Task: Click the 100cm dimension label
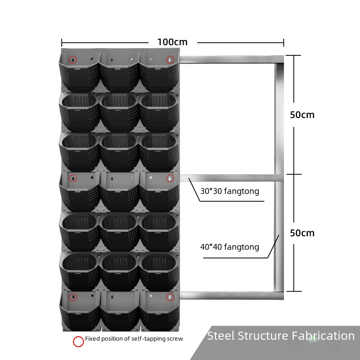172,42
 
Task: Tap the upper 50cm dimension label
302,115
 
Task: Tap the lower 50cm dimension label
302,233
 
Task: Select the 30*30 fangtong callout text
229,191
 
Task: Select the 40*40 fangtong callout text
229,247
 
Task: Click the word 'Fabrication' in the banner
323,336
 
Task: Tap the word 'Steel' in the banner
221,336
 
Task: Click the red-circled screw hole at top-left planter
73,60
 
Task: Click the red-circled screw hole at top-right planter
170,60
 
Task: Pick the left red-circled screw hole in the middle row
73,178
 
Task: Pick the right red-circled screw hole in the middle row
170,178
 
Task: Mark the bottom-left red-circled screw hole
73,297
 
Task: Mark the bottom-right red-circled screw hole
170,297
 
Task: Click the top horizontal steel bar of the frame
231,59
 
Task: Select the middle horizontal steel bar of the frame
231,178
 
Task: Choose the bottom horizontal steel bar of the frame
231,296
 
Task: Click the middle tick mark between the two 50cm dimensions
294,175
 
